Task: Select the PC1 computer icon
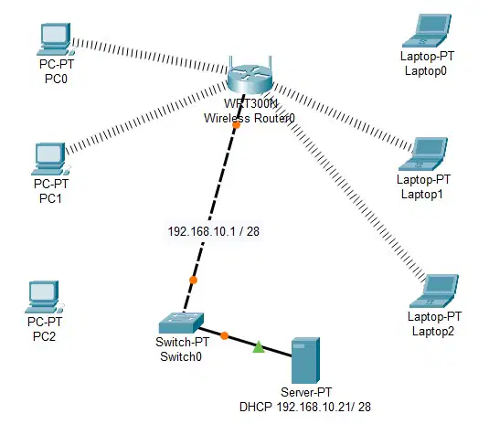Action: click(50, 159)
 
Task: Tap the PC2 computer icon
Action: click(44, 297)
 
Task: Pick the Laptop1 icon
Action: click(423, 154)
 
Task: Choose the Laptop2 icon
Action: click(434, 291)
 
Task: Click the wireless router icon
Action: click(250, 77)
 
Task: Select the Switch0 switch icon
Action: click(181, 323)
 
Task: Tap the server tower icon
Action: click(305, 360)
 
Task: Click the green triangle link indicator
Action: click(259, 347)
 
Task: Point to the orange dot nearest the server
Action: click(224, 335)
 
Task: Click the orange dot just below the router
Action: click(237, 125)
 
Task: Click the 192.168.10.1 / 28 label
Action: click(214, 231)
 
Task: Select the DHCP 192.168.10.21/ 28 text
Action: click(305, 407)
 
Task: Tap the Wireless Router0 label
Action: click(250, 118)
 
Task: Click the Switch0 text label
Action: click(181, 356)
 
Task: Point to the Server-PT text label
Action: click(306, 392)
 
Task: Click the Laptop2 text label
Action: click(433, 331)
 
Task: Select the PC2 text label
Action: click(44, 336)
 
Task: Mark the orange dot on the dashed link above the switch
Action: click(194, 280)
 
